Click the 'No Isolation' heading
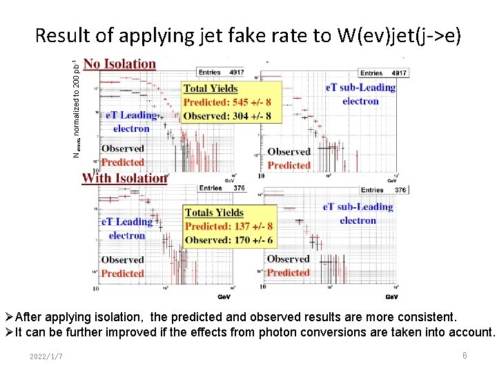point(119,64)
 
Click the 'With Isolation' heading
point(124,178)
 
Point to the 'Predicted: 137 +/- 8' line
point(228,226)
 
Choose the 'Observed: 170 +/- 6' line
point(228,240)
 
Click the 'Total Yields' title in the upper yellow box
point(211,88)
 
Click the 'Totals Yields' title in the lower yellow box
point(214,212)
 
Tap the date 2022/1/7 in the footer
point(46,356)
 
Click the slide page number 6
point(465,355)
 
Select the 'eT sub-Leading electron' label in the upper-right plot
point(360,94)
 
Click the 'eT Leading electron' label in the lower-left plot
point(127,229)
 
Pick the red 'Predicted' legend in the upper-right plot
point(289,165)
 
